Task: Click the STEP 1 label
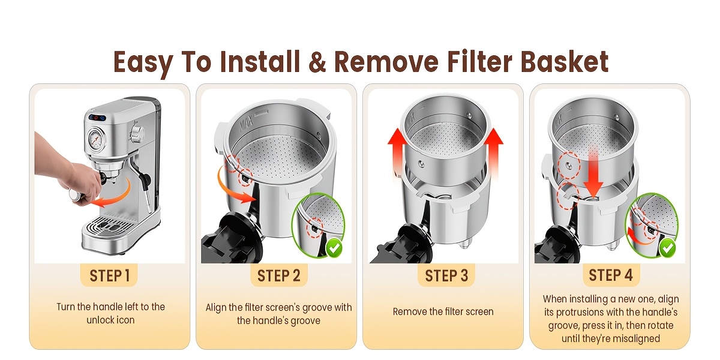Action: coord(109,276)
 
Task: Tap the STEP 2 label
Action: coord(278,276)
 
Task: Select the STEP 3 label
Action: coord(446,276)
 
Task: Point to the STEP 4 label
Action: coord(611,275)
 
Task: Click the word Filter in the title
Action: coord(479,61)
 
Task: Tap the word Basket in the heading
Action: coord(565,61)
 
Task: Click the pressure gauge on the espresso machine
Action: coord(96,139)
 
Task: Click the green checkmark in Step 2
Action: coord(334,248)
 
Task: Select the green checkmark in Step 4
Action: coord(668,248)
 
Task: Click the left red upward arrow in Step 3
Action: coord(398,151)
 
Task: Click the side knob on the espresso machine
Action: coord(137,132)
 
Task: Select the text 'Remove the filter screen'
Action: coord(443,311)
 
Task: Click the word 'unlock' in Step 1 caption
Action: coord(98,320)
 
